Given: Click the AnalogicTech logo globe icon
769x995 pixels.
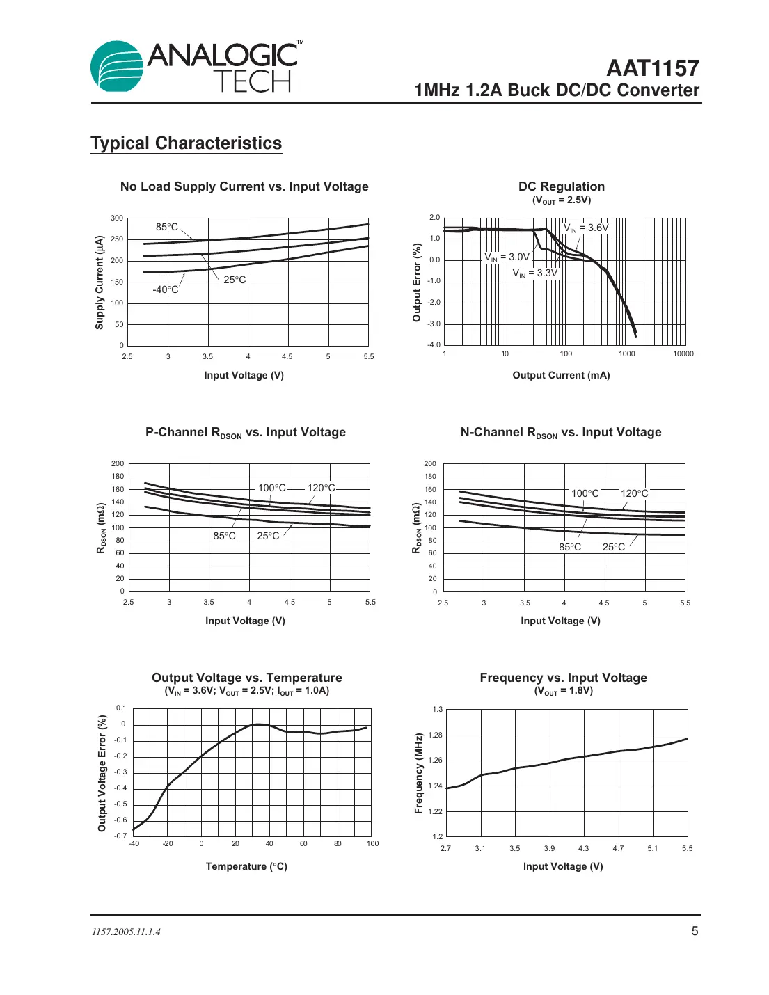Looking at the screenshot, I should coord(117,67).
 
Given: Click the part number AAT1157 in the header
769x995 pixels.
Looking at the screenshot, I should coord(652,68).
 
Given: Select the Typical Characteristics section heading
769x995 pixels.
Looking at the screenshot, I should coord(186,143).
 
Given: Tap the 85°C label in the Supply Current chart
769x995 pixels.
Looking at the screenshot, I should coord(167,227).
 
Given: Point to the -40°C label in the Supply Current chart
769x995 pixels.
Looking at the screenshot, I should coord(166,289).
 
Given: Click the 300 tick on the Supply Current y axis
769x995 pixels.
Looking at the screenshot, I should coord(117,218).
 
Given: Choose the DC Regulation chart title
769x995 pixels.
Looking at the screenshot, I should coord(561,186).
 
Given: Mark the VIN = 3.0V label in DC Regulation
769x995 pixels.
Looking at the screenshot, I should coord(507,257).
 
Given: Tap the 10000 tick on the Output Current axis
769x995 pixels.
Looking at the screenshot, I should coord(683,353).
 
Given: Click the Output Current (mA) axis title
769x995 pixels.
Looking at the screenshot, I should coord(561,375).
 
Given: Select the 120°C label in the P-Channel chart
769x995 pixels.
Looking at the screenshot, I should coord(321,488).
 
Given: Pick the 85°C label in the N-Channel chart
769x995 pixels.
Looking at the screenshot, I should coord(570,547).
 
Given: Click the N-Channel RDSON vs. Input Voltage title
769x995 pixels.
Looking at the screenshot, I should coord(561,433).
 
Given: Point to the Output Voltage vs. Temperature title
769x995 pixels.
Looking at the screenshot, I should coord(246,678).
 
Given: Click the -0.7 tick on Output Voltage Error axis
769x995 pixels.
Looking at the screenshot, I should coord(121,836).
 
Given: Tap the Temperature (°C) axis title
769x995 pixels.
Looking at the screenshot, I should coord(246,866).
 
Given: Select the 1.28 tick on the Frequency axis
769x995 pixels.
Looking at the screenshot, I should coord(435,735).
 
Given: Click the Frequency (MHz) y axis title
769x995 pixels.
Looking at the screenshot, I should coord(418,773).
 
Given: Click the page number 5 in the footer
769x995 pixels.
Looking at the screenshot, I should coord(694,931).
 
